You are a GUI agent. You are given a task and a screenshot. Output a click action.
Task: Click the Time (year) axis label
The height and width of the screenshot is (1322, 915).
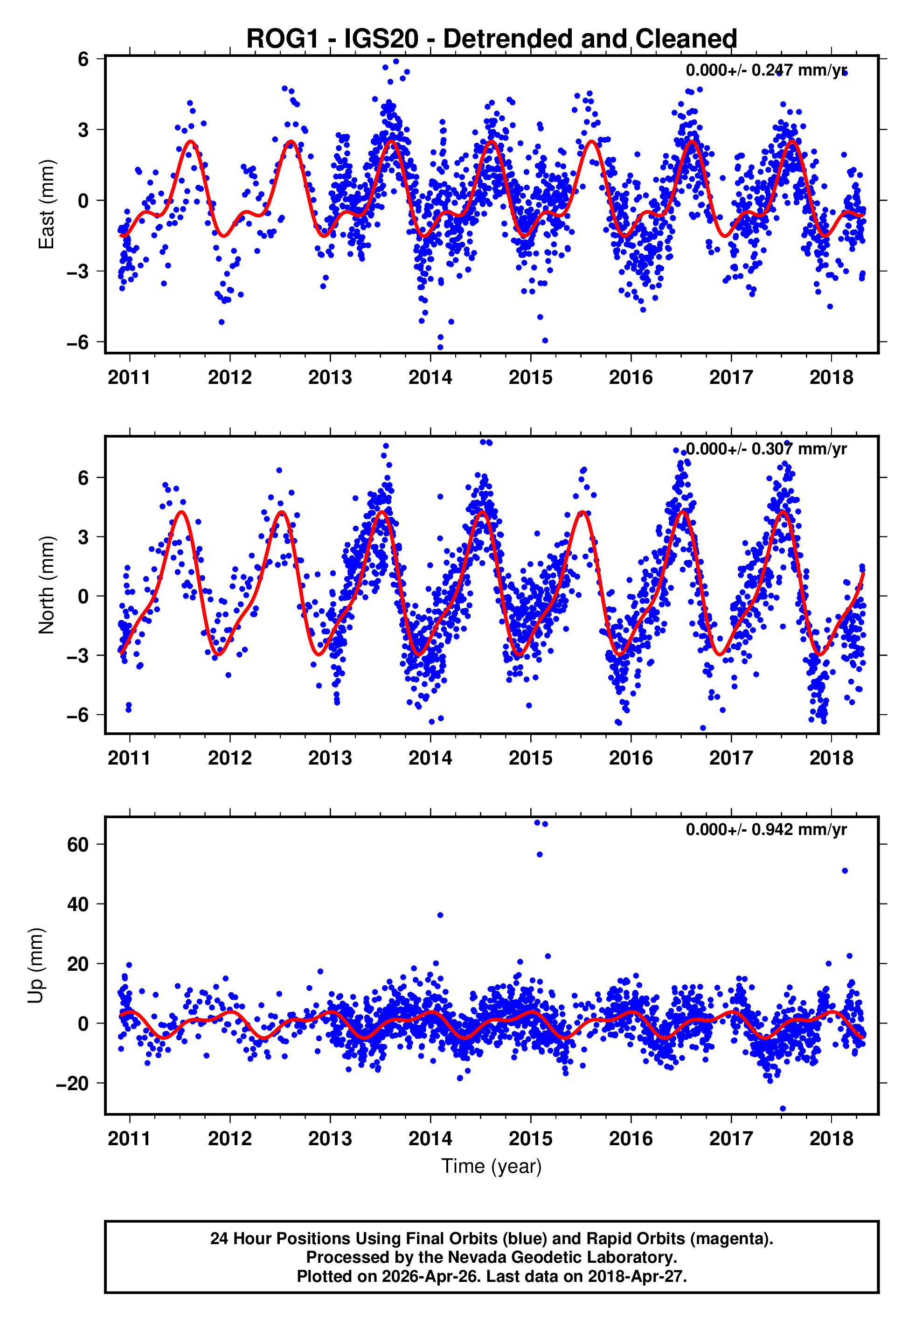coord(492,1166)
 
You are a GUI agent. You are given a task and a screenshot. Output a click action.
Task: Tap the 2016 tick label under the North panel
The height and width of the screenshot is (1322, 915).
coord(631,758)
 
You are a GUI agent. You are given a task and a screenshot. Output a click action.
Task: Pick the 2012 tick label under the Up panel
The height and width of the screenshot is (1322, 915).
coord(229,1139)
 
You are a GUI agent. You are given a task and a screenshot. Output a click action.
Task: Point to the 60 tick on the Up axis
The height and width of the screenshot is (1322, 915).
coord(78,844)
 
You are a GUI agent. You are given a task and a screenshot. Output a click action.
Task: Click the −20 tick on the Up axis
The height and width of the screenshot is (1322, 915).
coord(72,1084)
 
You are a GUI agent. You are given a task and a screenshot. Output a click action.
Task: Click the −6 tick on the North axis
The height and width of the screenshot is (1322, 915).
coord(78,715)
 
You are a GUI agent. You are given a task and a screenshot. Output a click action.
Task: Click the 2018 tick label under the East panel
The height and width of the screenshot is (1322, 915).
coord(832,378)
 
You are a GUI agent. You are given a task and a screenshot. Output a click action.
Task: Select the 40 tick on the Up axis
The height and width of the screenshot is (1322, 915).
coord(78,905)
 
